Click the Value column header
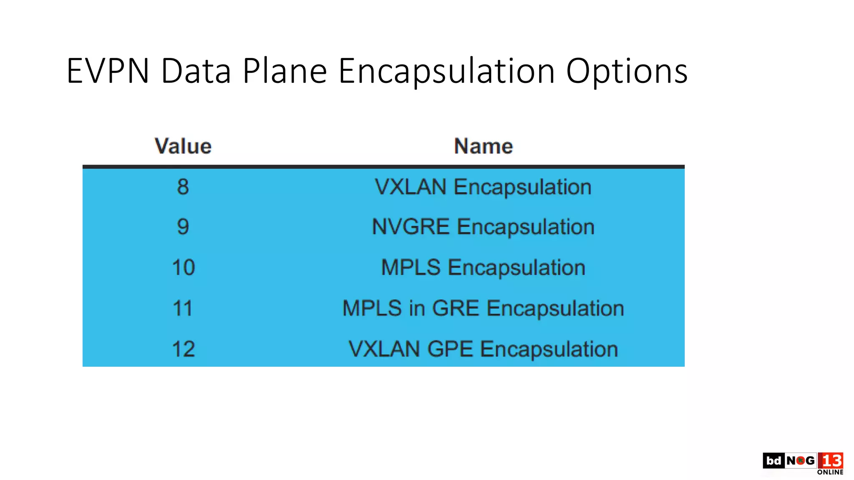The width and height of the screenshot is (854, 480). (183, 146)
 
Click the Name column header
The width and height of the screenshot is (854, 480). (483, 146)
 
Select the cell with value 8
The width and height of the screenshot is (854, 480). (183, 187)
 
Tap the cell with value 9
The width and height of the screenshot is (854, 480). (183, 227)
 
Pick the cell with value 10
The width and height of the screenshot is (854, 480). (183, 267)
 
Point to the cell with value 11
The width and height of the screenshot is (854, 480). (183, 308)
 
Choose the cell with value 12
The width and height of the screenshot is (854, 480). (183, 349)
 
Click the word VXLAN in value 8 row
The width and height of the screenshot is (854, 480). (411, 187)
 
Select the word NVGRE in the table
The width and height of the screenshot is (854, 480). (411, 227)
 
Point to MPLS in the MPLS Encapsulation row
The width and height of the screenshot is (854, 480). (411, 267)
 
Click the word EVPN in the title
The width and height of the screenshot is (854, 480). (108, 71)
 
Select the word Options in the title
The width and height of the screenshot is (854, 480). (626, 71)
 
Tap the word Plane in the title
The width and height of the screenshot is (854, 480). (284, 71)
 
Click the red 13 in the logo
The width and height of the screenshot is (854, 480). (831, 460)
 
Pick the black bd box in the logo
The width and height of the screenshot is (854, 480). (774, 460)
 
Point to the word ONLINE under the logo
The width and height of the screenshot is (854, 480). (830, 472)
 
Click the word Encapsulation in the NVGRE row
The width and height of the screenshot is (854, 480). (526, 227)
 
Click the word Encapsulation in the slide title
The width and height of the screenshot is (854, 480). (446, 71)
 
